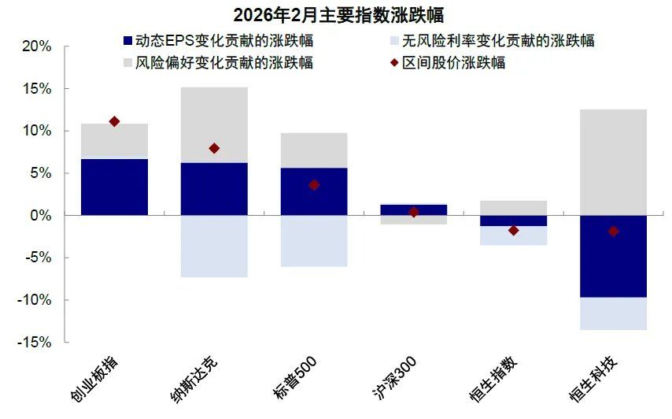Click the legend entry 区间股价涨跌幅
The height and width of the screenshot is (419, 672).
448,63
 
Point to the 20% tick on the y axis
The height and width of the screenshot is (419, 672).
35,46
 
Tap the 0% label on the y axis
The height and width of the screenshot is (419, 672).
40,215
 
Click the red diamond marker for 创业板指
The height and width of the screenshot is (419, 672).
114,121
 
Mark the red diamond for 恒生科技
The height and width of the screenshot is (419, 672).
614,231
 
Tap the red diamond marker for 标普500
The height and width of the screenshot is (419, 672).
314,185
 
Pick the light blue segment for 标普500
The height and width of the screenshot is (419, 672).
314,241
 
